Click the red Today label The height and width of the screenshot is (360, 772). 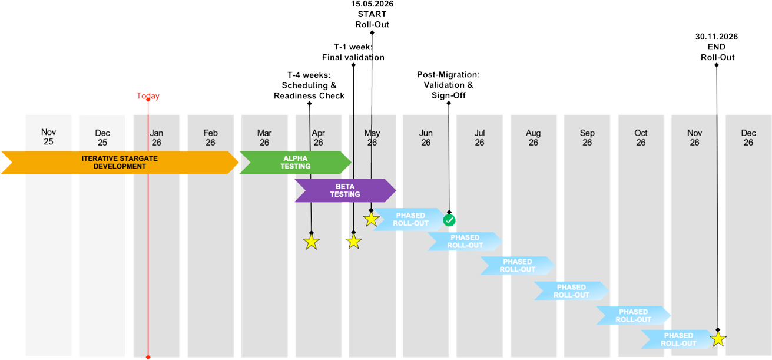pos(148,95)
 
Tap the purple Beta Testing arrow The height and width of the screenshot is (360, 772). pos(344,190)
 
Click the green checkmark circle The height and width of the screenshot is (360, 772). pos(449,220)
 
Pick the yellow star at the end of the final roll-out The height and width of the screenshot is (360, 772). pos(718,339)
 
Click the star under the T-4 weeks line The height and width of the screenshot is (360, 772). pos(311,242)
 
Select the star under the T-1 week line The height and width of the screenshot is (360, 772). pos(353,242)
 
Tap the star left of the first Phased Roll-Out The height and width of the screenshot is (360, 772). pos(371,219)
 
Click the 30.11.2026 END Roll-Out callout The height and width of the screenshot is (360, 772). pos(717,47)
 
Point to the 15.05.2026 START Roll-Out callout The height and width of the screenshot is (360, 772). pos(372,14)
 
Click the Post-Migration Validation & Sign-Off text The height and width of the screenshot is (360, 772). pos(448,85)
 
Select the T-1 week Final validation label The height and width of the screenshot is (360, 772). pos(353,52)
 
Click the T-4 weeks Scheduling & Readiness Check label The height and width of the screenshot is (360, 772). pos(309,85)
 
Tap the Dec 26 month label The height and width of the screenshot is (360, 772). pos(748,138)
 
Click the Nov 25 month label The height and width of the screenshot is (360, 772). pos(48,138)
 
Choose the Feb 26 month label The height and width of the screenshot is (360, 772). pos(210,138)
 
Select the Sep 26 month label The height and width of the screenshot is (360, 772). pos(587,138)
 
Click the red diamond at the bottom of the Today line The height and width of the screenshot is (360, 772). pos(148,357)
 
